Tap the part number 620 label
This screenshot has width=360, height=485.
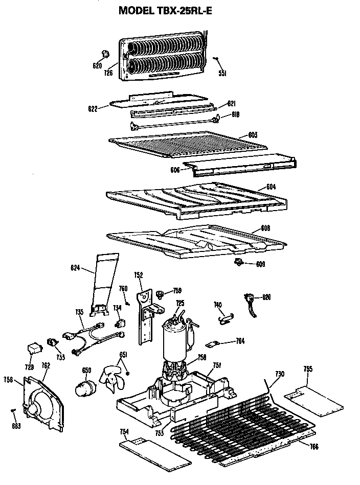(97, 66)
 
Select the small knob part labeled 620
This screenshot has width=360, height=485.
(106, 54)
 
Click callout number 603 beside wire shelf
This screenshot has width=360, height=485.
(252, 135)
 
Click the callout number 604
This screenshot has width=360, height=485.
(271, 187)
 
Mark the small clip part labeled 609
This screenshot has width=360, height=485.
(238, 263)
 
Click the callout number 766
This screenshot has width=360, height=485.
(314, 448)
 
